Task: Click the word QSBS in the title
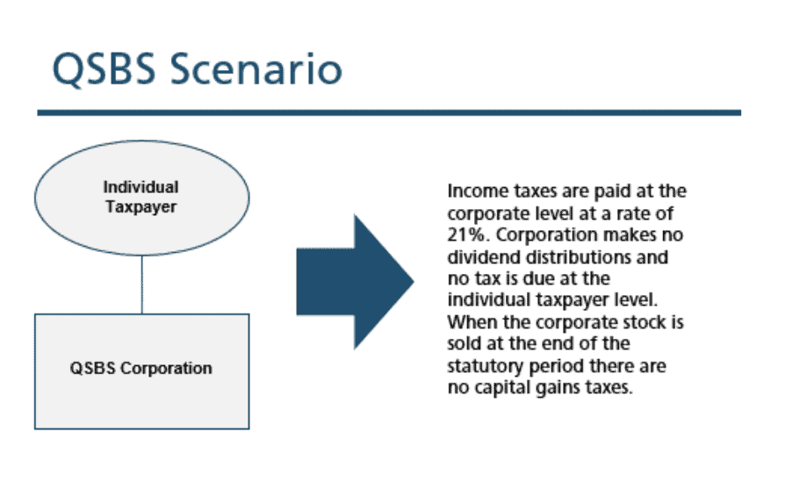click(104, 69)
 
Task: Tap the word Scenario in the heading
click(256, 68)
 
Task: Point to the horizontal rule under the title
click(389, 112)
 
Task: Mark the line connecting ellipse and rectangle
click(142, 285)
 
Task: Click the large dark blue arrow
click(355, 282)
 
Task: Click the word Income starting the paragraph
click(478, 191)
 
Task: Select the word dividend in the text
click(484, 257)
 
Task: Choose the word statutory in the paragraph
click(486, 366)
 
